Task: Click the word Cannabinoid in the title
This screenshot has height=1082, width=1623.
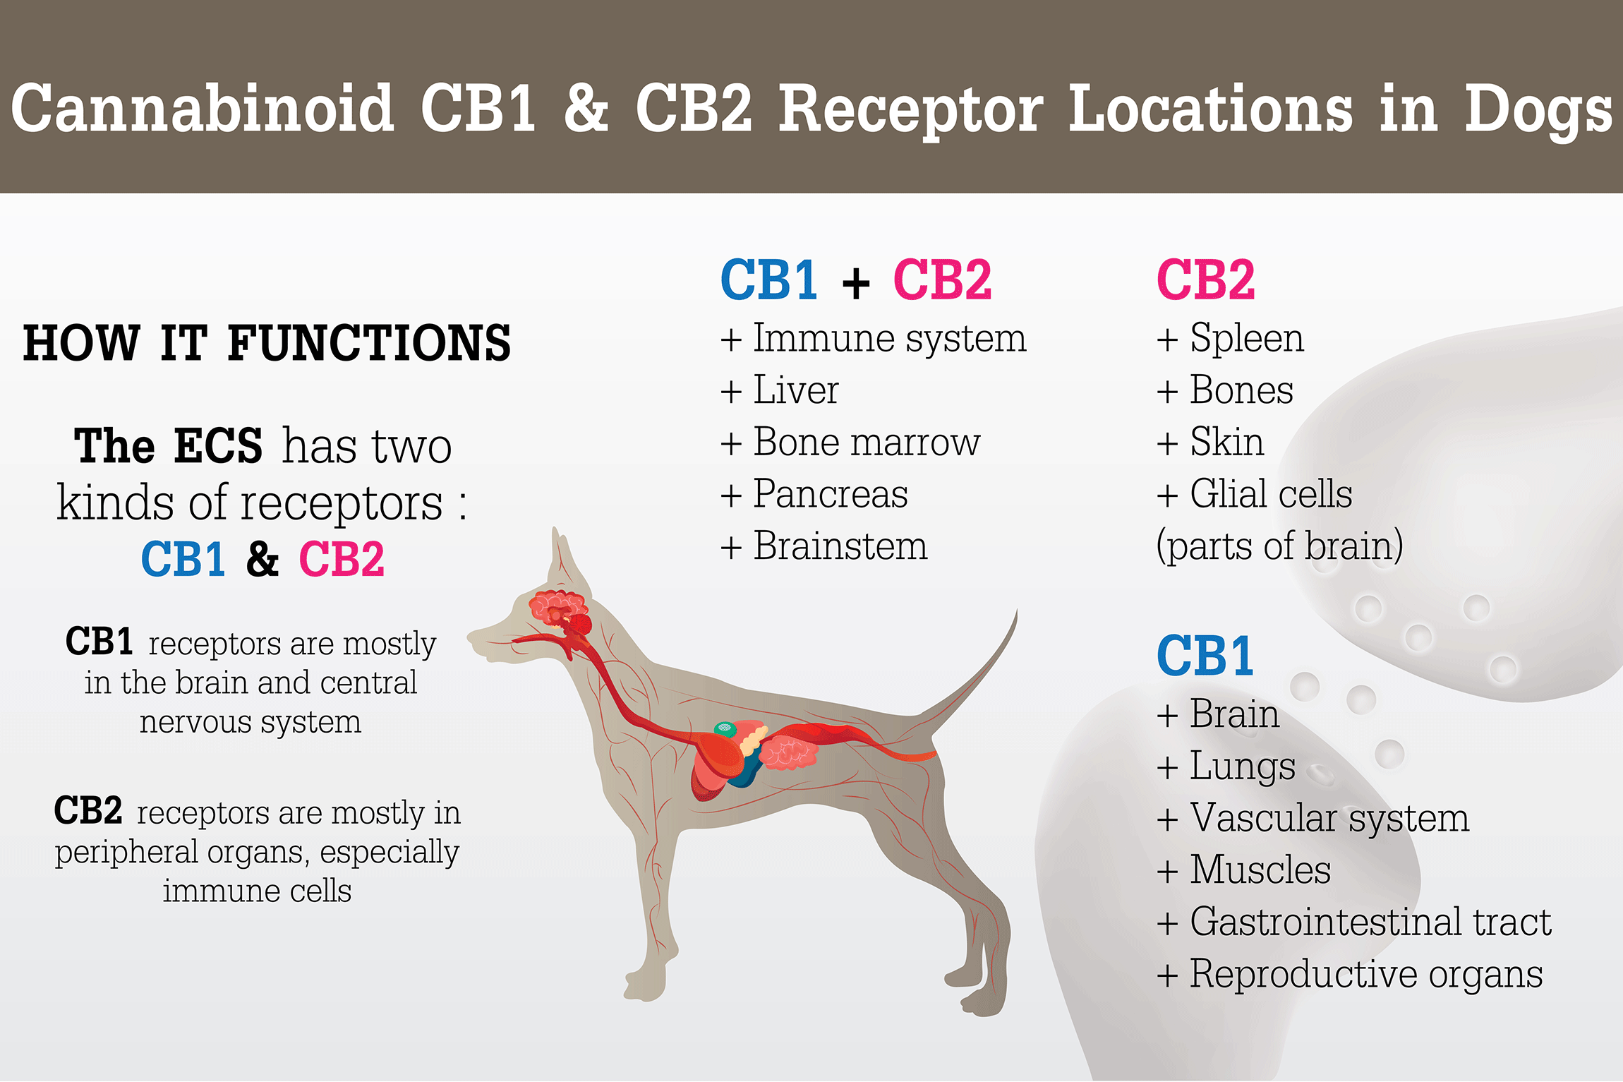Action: point(203,107)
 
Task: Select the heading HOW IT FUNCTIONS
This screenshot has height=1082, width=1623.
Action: point(267,343)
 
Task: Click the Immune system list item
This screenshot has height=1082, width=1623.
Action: point(874,339)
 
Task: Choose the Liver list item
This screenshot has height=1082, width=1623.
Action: point(780,390)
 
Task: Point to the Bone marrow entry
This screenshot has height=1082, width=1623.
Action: point(850,443)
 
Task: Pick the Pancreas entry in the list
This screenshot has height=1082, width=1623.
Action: point(814,494)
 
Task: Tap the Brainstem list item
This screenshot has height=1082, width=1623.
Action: point(823,546)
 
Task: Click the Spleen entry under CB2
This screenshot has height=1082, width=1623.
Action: point(1230,339)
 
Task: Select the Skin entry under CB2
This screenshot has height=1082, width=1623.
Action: point(1210,443)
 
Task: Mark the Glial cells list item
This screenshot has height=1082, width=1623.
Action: point(1254,494)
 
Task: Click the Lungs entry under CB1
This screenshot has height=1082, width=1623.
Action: point(1226,767)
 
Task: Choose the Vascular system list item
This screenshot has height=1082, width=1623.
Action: point(1313,819)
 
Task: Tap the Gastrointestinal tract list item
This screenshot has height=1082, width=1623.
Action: point(1354,922)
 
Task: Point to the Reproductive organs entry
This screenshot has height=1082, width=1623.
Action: point(1349,975)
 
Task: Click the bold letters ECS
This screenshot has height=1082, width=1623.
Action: point(218,446)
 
